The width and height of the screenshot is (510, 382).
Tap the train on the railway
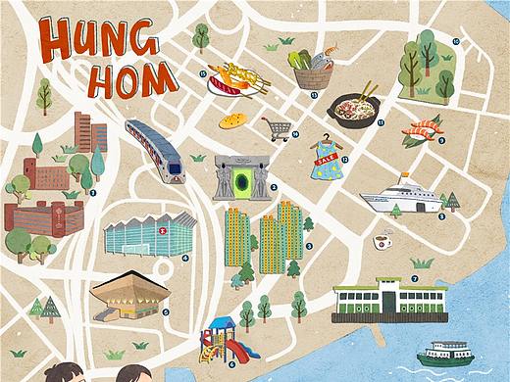coord(156,151)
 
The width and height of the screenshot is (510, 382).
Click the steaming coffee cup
coord(382,241)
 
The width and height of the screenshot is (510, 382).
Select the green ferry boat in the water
coord(444,352)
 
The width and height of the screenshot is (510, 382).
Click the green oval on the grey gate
coord(241,182)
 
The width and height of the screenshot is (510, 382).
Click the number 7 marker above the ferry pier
coord(415,279)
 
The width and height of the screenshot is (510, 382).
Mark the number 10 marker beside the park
coord(456,41)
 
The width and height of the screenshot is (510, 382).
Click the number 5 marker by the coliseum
coord(166,312)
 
